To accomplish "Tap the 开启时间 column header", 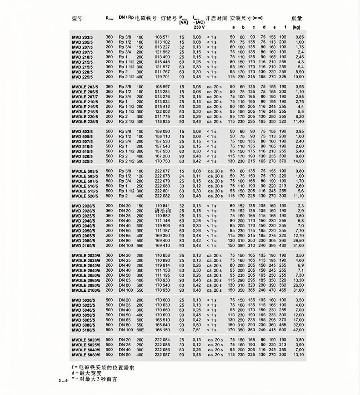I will tap(216, 18).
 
